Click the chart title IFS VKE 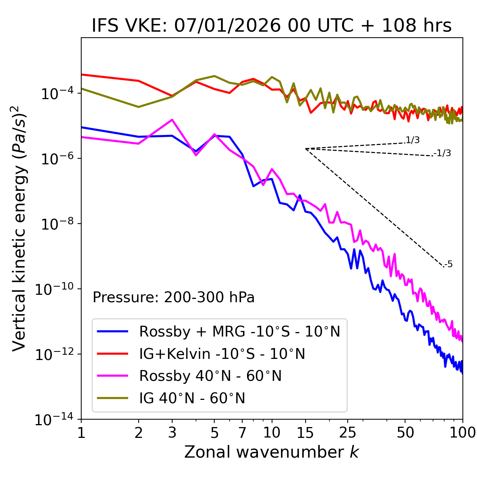pyautogui.click(x=272, y=25)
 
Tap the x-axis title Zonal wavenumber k pyautogui.click(x=272, y=452)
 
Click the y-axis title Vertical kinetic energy pyautogui.click(x=20, y=228)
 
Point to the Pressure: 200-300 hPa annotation pyautogui.click(x=174, y=297)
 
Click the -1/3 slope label pyautogui.click(x=442, y=153)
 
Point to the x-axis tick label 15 pyautogui.click(x=305, y=433)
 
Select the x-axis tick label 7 pyautogui.click(x=242, y=433)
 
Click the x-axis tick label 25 pyautogui.click(x=348, y=433)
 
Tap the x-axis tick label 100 pyautogui.click(x=462, y=433)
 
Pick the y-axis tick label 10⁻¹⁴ pyautogui.click(x=54, y=420)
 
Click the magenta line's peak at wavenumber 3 pyautogui.click(x=172, y=120)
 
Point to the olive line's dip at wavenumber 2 pyautogui.click(x=139, y=107)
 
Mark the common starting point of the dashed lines pyautogui.click(x=305, y=149)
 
